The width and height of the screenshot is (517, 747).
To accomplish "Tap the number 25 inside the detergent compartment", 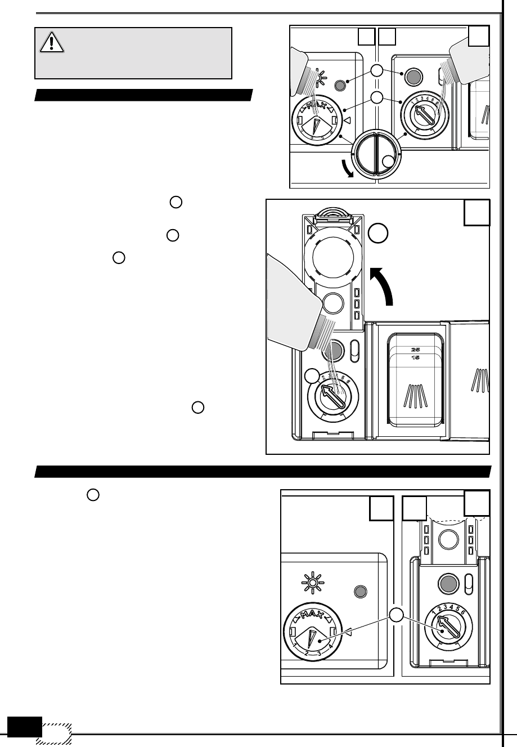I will click(x=415, y=348).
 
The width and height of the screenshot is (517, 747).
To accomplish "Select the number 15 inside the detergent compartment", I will click(x=415, y=357).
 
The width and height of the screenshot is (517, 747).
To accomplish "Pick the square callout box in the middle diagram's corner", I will click(x=477, y=213).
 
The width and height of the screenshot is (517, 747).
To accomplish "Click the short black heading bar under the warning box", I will click(x=143, y=94).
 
